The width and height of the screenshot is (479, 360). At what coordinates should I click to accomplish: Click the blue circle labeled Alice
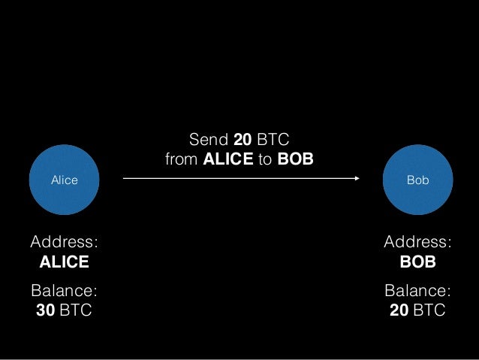tap(64, 180)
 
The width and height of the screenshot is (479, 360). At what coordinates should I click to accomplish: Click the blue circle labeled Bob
tap(417, 180)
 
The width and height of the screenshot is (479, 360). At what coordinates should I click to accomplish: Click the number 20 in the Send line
tap(242, 140)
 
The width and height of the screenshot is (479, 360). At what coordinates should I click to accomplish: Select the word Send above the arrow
tap(208, 140)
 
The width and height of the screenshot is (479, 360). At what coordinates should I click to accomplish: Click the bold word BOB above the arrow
tap(295, 159)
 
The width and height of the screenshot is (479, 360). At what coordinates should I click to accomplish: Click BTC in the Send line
tap(273, 140)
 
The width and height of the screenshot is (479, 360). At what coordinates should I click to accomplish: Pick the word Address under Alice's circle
tap(64, 242)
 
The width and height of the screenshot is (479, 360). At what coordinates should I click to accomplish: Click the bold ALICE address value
tap(64, 262)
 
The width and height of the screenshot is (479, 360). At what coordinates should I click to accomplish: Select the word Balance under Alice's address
tap(64, 291)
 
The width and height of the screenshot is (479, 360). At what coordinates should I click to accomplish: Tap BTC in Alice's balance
tap(76, 310)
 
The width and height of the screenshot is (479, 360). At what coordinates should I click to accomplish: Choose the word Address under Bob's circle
tap(417, 242)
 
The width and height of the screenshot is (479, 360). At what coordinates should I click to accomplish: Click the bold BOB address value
tap(417, 262)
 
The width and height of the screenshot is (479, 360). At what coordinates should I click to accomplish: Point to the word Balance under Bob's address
tap(417, 291)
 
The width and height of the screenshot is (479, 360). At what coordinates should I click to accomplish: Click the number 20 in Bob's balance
tap(399, 310)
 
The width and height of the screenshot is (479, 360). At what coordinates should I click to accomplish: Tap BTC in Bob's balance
tap(429, 310)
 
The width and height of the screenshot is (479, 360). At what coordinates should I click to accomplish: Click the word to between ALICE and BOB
tap(266, 159)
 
